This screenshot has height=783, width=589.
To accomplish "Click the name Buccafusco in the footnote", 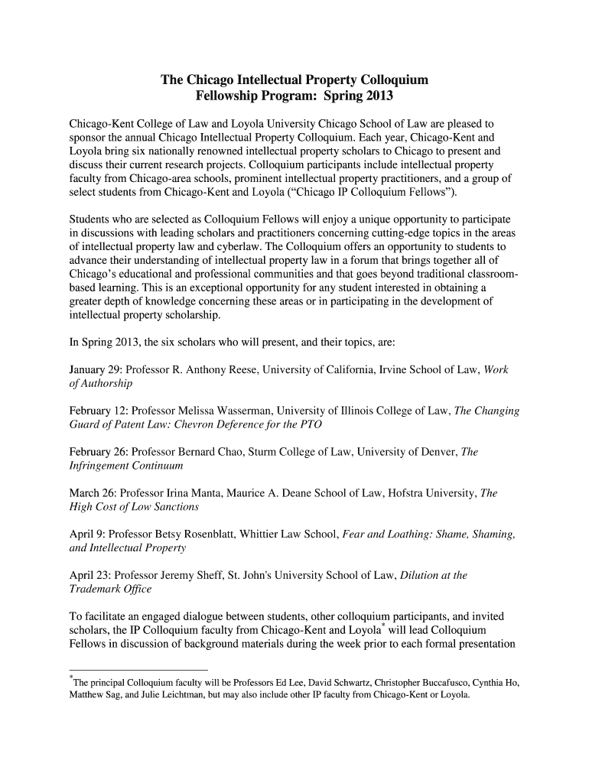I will point(444,684).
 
